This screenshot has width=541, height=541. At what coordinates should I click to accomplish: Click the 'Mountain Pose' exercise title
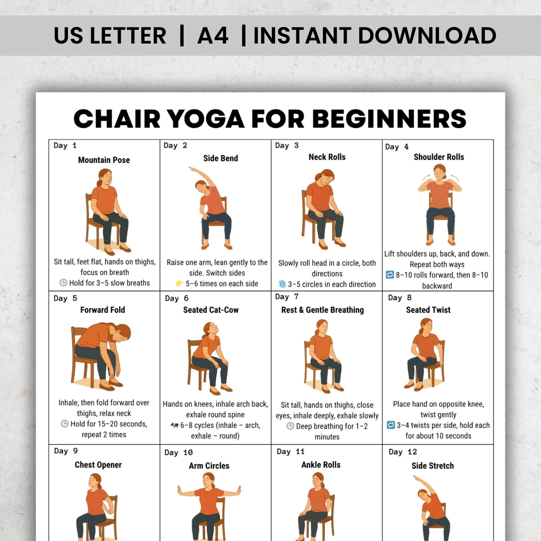[x=104, y=160]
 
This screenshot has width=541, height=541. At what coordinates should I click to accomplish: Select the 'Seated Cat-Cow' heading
[x=211, y=310]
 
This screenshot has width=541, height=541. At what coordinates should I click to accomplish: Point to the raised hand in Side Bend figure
[x=191, y=168]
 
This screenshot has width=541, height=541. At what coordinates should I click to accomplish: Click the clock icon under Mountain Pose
[x=63, y=283]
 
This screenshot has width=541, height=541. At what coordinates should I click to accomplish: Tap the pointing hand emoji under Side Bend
[x=180, y=283]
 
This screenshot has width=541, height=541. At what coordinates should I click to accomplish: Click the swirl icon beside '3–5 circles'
[x=282, y=284]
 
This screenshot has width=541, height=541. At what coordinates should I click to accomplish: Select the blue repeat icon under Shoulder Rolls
[x=390, y=275]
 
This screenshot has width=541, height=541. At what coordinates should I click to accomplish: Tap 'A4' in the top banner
[x=213, y=35]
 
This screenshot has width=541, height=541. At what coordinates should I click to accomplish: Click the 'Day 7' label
[x=287, y=296]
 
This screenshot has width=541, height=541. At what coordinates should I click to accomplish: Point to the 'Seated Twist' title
[x=428, y=310]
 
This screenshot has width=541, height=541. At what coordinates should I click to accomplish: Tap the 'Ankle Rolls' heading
[x=321, y=464]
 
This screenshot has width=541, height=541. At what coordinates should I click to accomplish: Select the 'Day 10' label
[x=178, y=453]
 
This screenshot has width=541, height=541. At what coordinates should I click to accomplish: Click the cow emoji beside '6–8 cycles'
[x=174, y=425]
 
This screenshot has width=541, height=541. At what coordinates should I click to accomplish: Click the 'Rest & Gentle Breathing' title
[x=323, y=310]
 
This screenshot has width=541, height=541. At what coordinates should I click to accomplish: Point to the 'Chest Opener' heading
[x=98, y=464]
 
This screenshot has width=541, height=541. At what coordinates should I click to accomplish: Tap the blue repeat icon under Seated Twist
[x=391, y=425]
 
